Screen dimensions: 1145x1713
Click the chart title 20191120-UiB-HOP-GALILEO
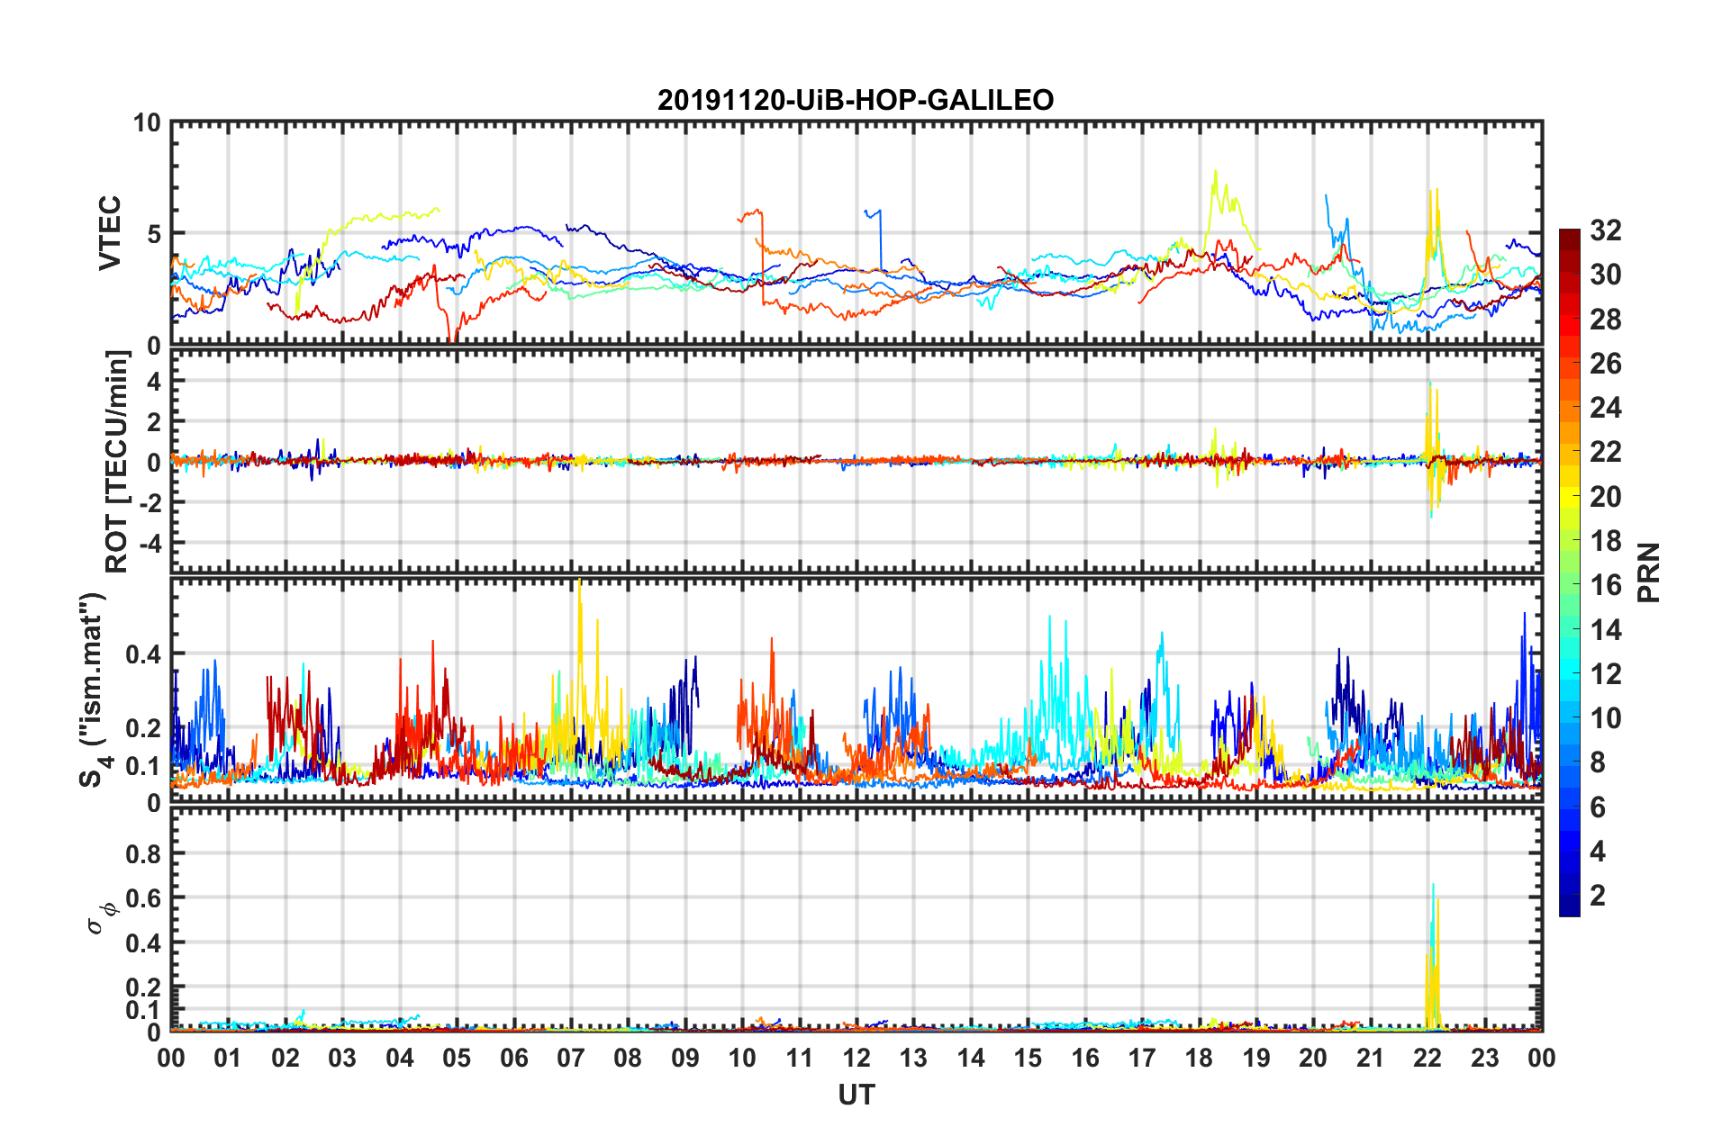855,100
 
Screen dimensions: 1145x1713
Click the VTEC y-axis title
110,233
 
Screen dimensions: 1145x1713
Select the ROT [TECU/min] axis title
117,462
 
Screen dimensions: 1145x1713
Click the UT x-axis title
856,1095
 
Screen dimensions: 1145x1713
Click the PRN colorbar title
1648,572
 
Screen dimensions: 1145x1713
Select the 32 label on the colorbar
1605,230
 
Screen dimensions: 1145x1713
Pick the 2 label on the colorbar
1598,895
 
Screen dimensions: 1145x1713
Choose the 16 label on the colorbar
1605,585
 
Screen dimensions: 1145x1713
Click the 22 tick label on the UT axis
1427,1058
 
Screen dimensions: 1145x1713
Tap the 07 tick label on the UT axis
571,1058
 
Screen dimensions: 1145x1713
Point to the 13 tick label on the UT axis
913,1058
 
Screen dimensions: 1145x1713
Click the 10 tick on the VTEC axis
146,123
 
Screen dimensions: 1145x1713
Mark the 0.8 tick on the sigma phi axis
144,853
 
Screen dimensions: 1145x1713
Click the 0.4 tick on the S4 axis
144,654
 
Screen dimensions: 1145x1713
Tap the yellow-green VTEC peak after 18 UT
1216,173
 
